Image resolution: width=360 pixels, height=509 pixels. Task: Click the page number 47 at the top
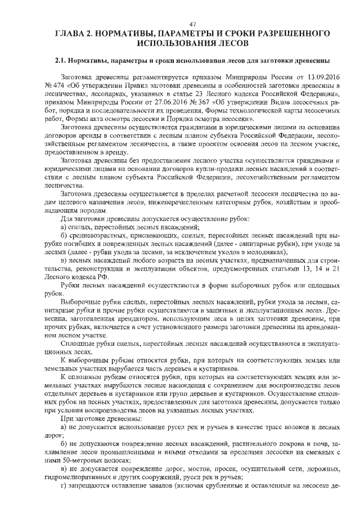pos(191,24)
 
